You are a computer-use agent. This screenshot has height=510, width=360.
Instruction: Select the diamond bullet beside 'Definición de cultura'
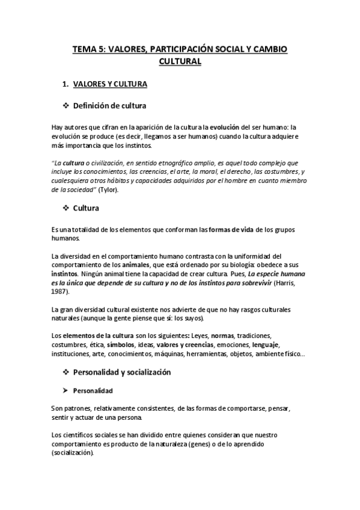tap(66, 106)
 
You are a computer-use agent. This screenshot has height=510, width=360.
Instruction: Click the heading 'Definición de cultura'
tap(110, 106)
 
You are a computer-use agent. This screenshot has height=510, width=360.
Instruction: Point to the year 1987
tap(60, 291)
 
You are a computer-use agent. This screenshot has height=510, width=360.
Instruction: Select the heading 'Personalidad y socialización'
tap(122, 372)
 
